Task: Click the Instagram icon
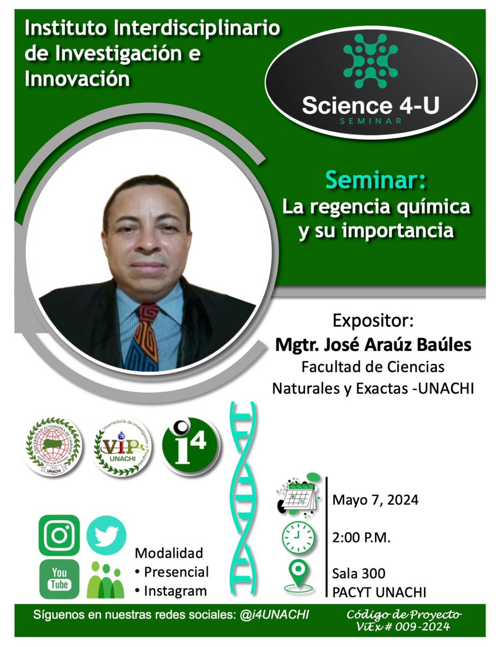[59, 535]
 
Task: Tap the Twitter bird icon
[106, 535]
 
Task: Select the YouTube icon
[59, 579]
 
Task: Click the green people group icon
[106, 580]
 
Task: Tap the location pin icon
[298, 575]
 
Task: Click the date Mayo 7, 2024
[375, 500]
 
